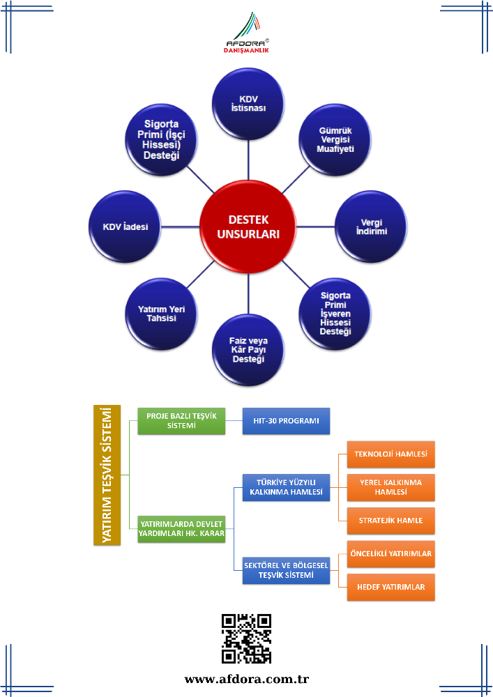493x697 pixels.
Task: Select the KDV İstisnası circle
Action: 248,105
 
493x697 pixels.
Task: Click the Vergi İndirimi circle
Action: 371,227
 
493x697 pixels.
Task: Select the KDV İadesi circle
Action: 126,227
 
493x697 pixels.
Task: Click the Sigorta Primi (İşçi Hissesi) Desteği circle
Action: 161,140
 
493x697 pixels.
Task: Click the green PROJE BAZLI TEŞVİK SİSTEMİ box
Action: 181,421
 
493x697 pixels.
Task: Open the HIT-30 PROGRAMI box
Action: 286,421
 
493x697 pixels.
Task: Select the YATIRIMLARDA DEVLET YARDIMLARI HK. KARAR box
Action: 181,528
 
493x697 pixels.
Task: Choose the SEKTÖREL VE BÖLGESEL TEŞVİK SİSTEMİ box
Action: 286,572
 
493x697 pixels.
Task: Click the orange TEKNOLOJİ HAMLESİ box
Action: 391,454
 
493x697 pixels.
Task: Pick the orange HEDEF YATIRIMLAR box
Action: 391,587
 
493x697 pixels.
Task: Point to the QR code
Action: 246,638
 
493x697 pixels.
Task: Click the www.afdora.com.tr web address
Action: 246,679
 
